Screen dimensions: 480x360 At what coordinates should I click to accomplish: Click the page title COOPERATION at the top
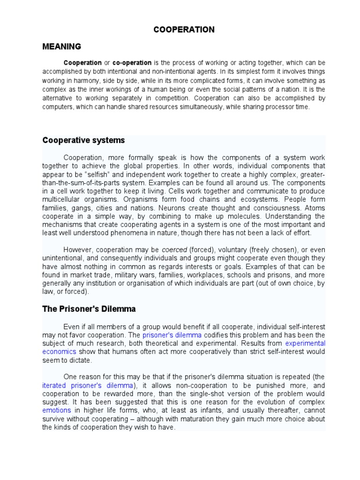click(x=184, y=30)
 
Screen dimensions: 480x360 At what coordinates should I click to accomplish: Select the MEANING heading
click(x=61, y=46)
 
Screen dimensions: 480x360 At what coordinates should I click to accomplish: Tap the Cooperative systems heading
click(x=83, y=141)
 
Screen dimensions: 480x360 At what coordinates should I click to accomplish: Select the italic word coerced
click(x=174, y=249)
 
